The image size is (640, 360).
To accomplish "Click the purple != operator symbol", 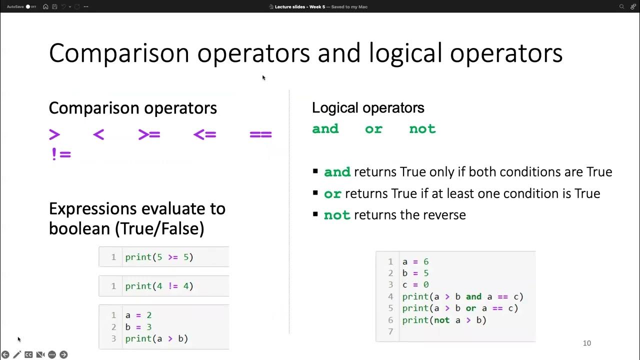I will (61, 153).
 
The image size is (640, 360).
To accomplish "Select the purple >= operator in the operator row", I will (149, 134).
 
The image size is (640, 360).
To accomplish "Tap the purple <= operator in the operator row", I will (204, 134).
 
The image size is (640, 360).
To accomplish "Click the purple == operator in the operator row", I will (260, 134).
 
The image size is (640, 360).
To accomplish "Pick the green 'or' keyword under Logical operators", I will (373, 129).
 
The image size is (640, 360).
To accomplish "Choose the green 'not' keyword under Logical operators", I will (422, 129).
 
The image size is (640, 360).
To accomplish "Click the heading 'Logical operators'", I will (368, 107).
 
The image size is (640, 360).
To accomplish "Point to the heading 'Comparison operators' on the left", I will (132, 108).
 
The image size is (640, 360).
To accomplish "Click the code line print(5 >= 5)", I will (159, 257).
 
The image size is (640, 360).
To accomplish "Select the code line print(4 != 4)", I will (159, 286).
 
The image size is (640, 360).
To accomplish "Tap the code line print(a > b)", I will (156, 338).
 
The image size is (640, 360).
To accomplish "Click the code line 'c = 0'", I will (415, 284).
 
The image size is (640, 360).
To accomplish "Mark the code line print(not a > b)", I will (444, 320).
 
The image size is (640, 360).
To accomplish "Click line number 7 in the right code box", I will (390, 331).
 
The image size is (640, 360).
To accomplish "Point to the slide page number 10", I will (587, 343).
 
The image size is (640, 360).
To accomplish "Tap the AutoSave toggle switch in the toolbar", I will (30, 6).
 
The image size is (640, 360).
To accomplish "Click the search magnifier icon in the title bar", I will (621, 6).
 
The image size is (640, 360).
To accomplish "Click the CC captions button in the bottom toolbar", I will (28, 354).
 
